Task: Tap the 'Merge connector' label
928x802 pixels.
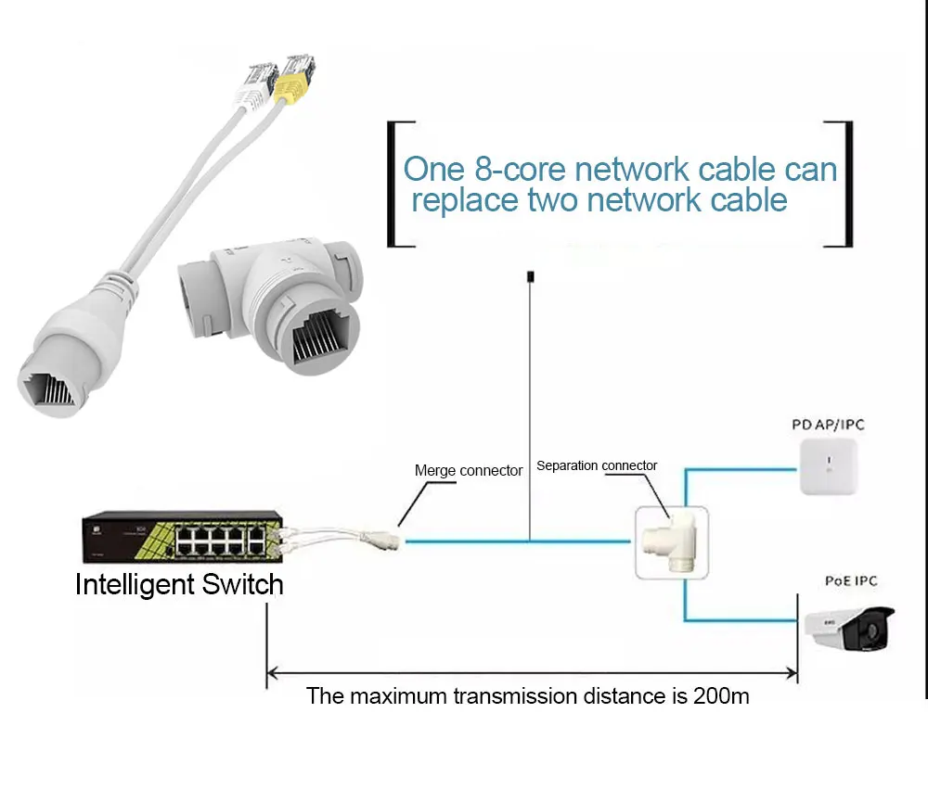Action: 469,470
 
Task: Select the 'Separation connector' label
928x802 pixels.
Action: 597,465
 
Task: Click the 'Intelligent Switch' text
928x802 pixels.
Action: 179,585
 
